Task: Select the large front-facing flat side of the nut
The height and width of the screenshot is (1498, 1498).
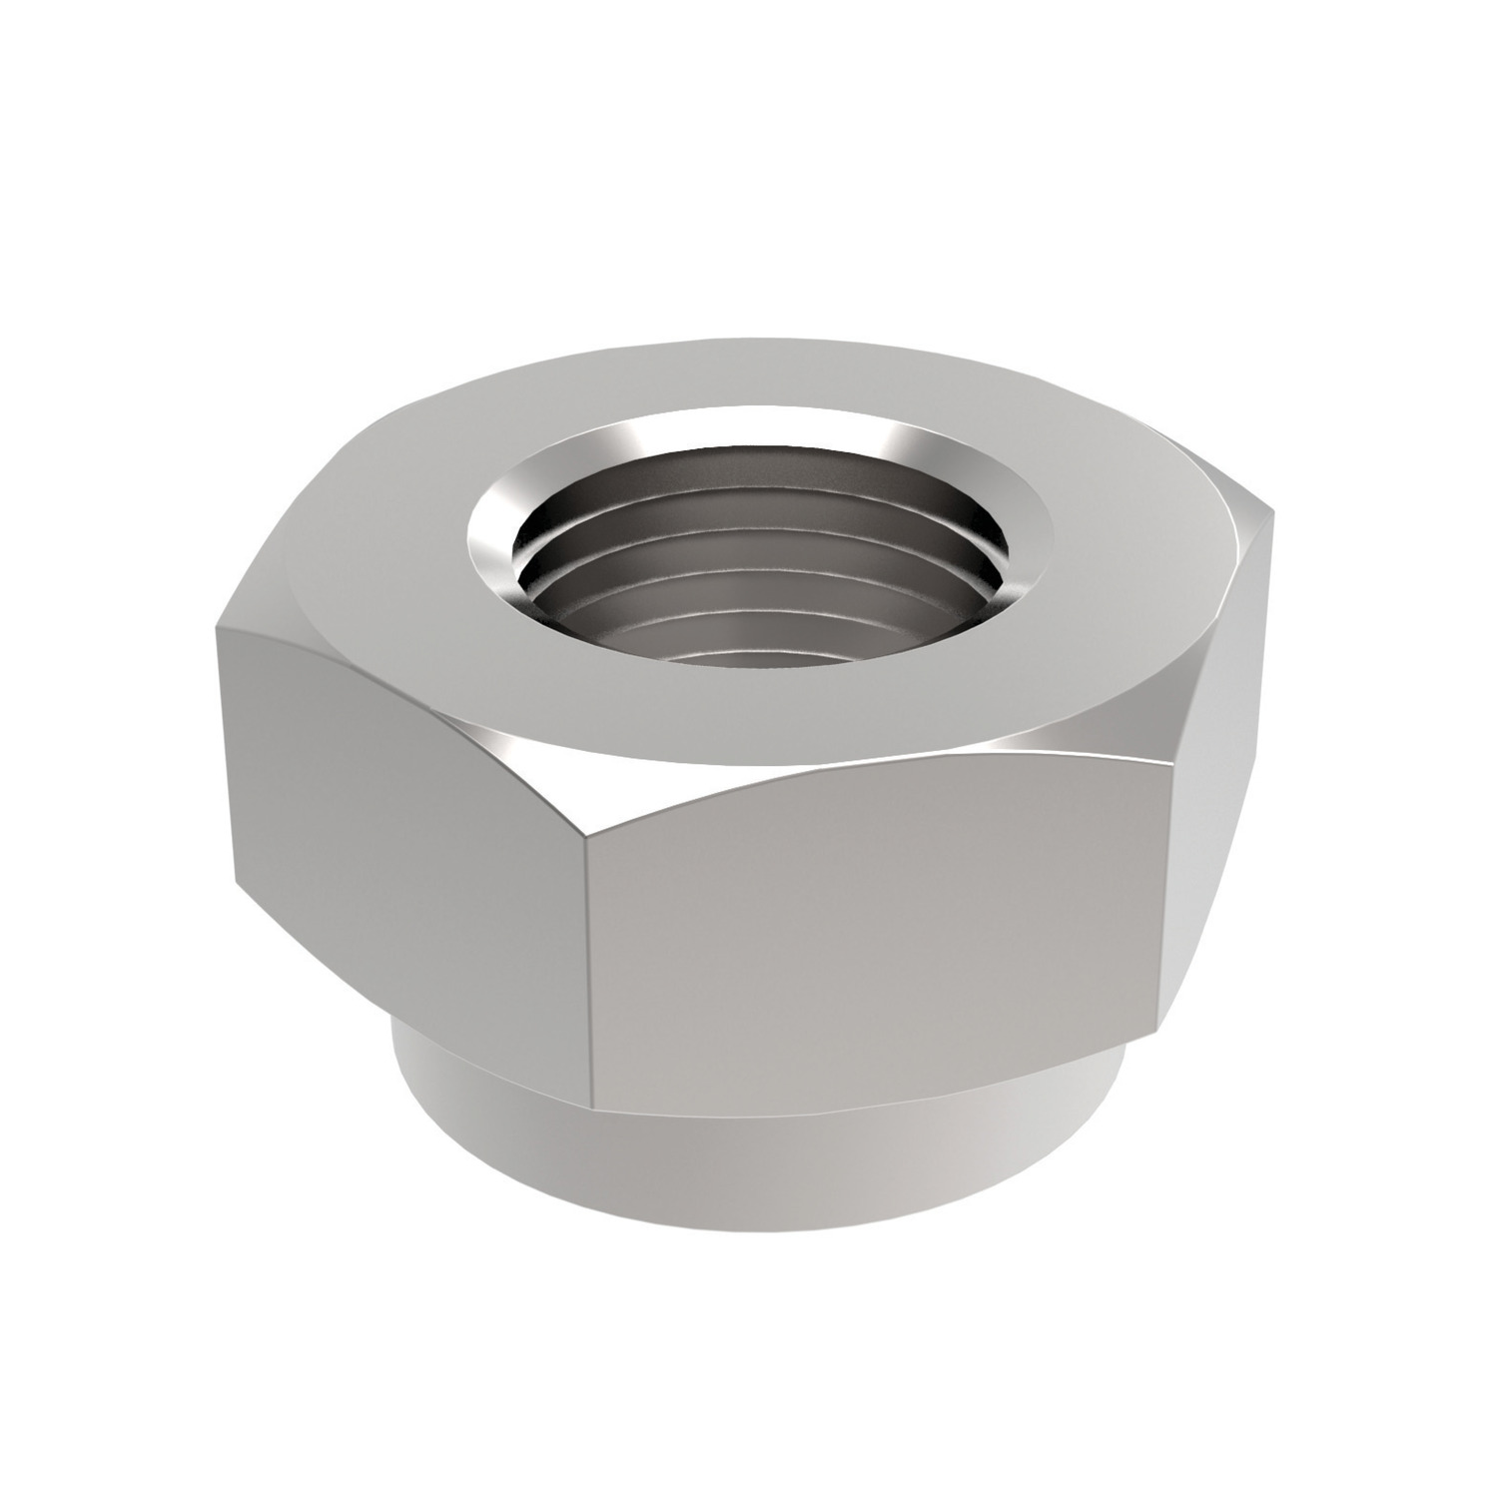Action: pyautogui.click(x=879, y=929)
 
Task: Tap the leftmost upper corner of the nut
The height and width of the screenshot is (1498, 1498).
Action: pyautogui.click(x=216, y=629)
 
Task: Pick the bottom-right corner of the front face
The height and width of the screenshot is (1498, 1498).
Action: pyautogui.click(x=1160, y=1024)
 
